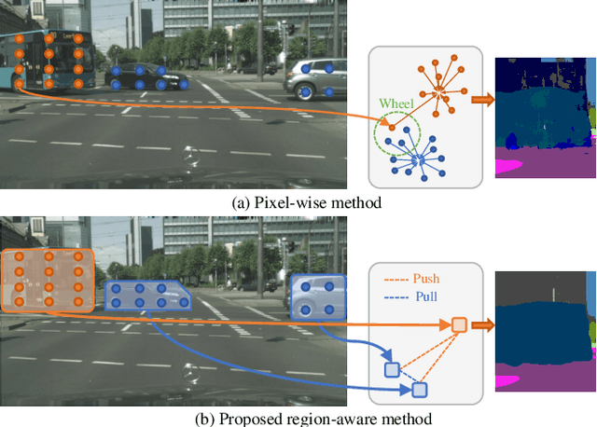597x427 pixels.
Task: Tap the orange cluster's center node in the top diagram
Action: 439,91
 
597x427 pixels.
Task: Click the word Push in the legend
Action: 423,278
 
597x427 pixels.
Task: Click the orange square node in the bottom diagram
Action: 459,324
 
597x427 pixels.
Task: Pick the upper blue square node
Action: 392,369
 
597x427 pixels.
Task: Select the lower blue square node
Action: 420,389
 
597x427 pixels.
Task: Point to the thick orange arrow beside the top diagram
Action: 483,101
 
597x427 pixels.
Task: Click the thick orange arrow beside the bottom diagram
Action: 481,324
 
